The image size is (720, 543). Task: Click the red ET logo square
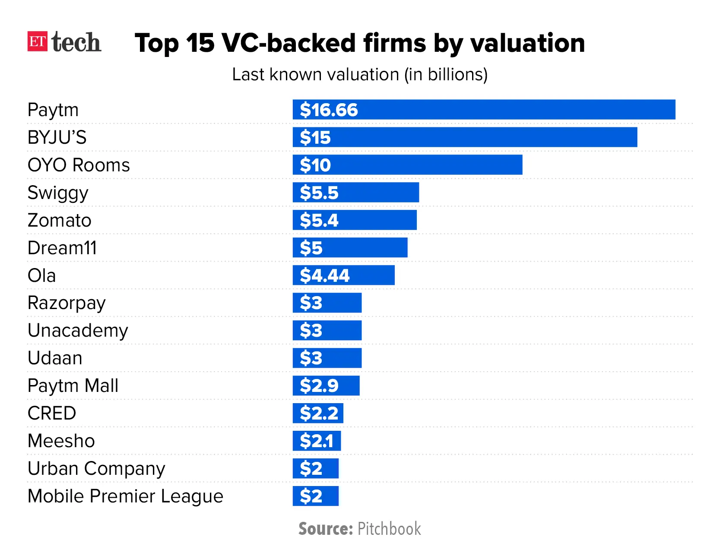(x=37, y=41)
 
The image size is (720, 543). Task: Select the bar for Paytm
(x=484, y=110)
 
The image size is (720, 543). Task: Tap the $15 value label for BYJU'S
(x=315, y=138)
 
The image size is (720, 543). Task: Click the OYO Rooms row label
(x=79, y=165)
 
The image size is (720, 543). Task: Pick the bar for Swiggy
(x=355, y=193)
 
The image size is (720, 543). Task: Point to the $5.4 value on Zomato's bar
(x=319, y=221)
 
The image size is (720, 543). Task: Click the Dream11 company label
(x=62, y=248)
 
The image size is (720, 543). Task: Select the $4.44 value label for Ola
(x=325, y=275)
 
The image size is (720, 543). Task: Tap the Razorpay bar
(x=327, y=303)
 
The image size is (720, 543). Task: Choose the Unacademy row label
(x=78, y=331)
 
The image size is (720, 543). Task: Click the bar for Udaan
(x=327, y=358)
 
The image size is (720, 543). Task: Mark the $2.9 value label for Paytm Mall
(x=319, y=386)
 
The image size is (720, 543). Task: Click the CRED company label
(x=52, y=414)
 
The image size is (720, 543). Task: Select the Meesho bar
(x=317, y=441)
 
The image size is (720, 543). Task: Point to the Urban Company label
(x=96, y=469)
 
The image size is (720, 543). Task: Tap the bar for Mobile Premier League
(x=316, y=496)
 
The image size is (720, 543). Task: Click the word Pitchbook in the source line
(x=389, y=529)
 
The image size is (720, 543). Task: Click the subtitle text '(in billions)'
(x=446, y=75)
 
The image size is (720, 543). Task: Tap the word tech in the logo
(x=76, y=42)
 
